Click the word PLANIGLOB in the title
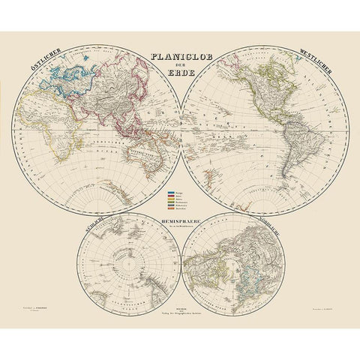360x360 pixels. (x=180, y=54)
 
